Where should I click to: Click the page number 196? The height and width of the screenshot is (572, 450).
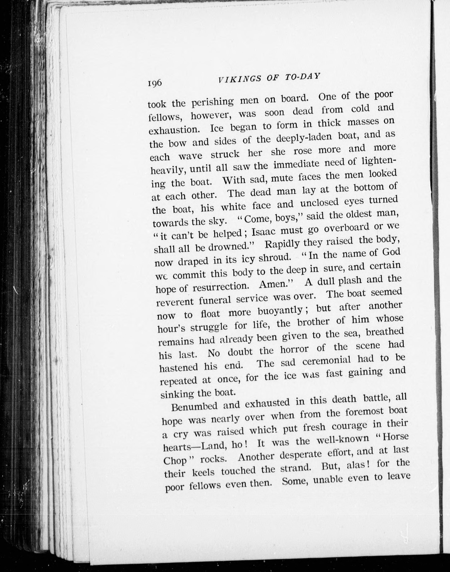click(x=155, y=83)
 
